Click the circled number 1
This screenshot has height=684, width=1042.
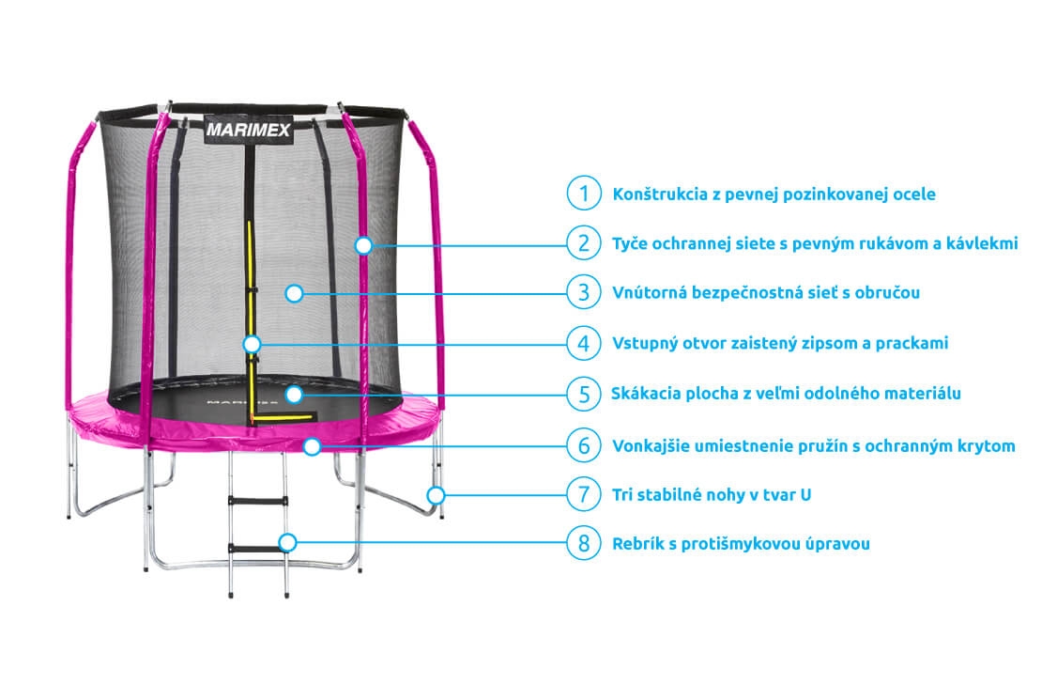coord(583,194)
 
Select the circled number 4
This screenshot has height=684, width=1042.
coord(583,343)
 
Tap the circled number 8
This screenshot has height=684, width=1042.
coord(583,543)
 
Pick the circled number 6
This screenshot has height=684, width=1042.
coord(583,445)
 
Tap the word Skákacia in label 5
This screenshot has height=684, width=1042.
coord(644,394)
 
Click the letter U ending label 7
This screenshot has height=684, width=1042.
coord(805,494)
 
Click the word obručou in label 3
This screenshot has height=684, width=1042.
coord(889,293)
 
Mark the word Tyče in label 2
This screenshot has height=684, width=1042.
coord(630,244)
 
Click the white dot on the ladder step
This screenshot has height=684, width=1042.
coord(288,542)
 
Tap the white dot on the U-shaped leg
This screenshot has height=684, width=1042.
coord(435,494)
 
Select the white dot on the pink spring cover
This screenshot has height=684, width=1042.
coord(312,445)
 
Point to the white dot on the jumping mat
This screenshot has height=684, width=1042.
coord(294,394)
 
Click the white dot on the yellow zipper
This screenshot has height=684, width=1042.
coord(252,344)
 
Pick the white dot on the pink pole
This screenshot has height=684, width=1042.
coord(363,245)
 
